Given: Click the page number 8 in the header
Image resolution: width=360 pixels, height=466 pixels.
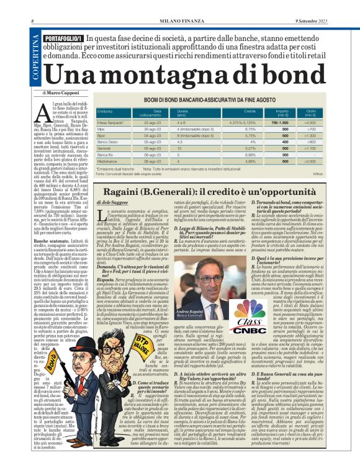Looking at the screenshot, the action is [32, 5].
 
